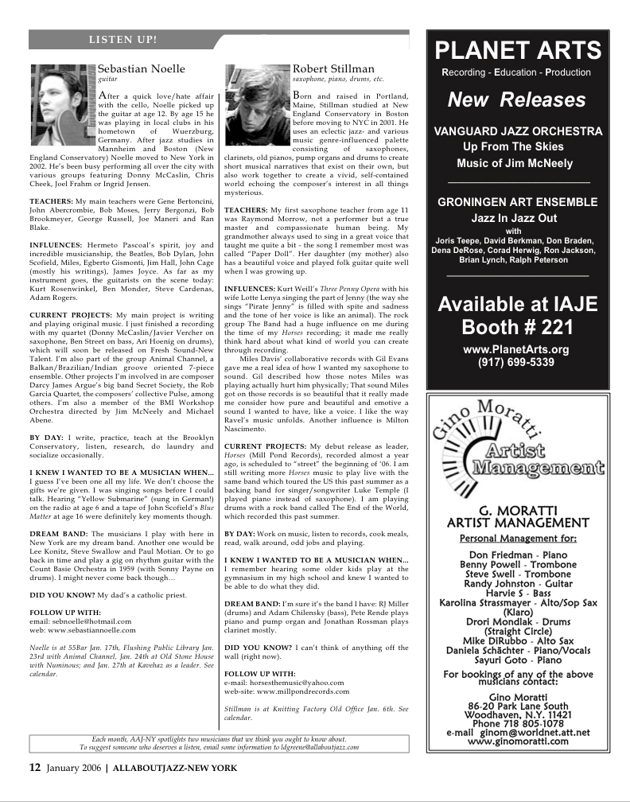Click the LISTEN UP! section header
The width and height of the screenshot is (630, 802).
(x=122, y=38)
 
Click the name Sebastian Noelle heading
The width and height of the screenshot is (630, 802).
(x=141, y=69)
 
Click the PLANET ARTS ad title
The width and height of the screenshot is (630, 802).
(x=518, y=51)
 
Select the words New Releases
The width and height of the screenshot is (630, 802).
(x=517, y=100)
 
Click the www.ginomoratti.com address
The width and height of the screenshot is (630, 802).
(x=518, y=741)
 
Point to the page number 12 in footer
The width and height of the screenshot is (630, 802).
(x=35, y=768)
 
